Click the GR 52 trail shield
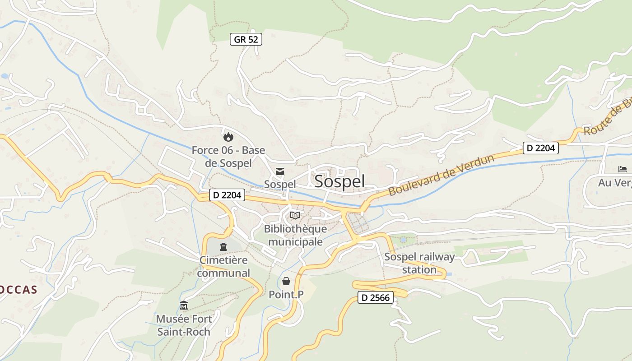[246, 39]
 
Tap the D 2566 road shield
[376, 297]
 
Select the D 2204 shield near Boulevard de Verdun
[541, 148]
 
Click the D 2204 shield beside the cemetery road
[227, 195]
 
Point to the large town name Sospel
[339, 181]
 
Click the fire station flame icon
[228, 135]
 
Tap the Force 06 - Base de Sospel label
[228, 156]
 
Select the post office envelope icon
[280, 171]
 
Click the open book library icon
[295, 216]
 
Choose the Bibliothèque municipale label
[295, 235]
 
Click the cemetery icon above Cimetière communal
[223, 247]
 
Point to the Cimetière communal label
[223, 267]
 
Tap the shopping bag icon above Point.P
[286, 282]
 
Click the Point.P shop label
[286, 295]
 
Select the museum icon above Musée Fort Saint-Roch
[183, 305]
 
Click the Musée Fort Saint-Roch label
[183, 325]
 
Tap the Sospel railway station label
[419, 264]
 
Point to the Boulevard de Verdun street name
[441, 175]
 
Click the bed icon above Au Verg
[623, 169]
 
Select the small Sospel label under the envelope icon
[280, 184]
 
